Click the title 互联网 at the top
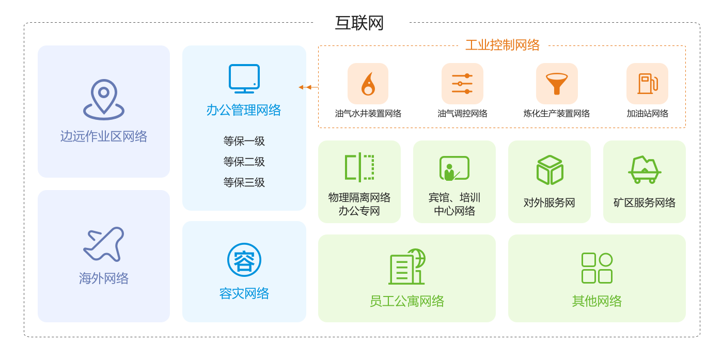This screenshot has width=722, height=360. click(x=359, y=23)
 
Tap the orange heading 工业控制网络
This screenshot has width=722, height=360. click(x=503, y=45)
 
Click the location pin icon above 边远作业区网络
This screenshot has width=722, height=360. click(x=104, y=99)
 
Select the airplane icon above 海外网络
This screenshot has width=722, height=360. click(x=104, y=244)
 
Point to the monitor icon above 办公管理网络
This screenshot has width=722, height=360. click(x=244, y=79)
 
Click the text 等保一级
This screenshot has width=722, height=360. click(x=244, y=141)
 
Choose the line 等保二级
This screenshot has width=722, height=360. click(x=244, y=162)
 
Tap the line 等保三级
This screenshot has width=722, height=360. click(x=244, y=182)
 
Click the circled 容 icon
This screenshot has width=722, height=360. click(x=244, y=260)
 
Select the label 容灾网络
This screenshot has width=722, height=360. click(x=244, y=293)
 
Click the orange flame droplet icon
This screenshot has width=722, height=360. click(x=368, y=84)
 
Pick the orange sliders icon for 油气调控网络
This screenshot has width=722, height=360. click(x=462, y=84)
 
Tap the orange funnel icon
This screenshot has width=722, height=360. click(x=557, y=84)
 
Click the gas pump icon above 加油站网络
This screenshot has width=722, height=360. click(x=647, y=84)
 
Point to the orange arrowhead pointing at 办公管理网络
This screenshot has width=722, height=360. click(x=302, y=87)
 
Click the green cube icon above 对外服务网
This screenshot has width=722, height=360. click(x=550, y=170)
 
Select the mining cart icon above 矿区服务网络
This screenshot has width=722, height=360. click(x=645, y=169)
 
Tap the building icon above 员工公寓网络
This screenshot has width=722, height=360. click(x=407, y=267)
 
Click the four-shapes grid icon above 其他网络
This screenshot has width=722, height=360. click(x=597, y=268)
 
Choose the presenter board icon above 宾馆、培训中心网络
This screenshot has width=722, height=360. click(x=454, y=168)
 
